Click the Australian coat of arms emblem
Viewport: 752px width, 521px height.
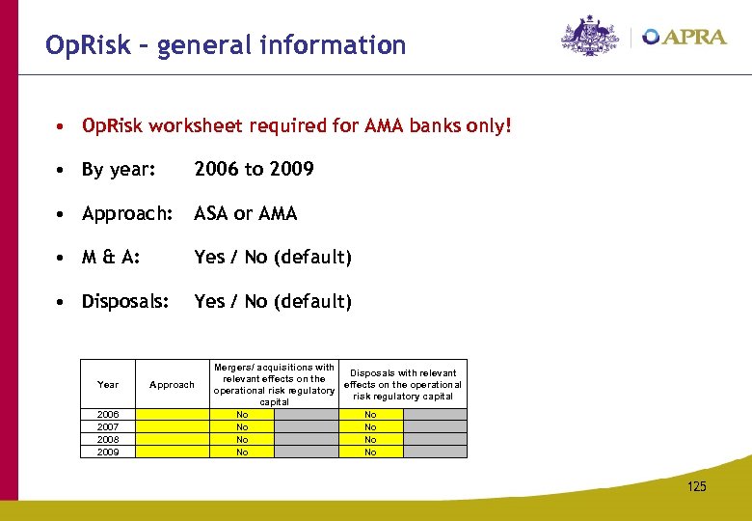coord(591,36)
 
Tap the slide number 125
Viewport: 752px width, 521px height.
coord(696,486)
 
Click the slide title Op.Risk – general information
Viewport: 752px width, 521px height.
coord(226,45)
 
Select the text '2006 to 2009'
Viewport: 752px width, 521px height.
coord(254,170)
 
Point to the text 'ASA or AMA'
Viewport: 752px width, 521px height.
coord(246,213)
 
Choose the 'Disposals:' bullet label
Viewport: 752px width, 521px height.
coord(125,301)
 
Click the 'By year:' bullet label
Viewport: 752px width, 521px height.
coord(119,170)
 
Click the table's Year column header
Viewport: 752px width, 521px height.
coord(108,385)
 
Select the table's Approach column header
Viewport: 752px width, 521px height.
coord(172,385)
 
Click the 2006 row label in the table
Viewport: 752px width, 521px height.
coord(108,415)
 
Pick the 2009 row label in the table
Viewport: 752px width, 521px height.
coord(108,452)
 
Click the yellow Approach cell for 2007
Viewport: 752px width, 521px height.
coord(172,427)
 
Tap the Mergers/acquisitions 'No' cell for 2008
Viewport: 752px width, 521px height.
coord(242,440)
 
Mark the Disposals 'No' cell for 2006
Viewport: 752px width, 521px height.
coord(370,415)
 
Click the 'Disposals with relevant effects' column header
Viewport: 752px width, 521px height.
coord(403,384)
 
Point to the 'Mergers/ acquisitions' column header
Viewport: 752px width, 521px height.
coord(274,384)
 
